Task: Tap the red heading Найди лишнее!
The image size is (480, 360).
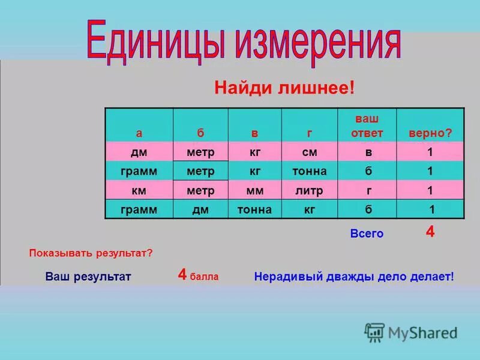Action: [x=285, y=88]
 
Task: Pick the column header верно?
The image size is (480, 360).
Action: [x=430, y=132]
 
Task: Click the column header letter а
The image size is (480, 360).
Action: [x=139, y=133]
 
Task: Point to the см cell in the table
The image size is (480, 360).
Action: [x=310, y=152]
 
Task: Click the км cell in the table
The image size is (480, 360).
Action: [x=139, y=190]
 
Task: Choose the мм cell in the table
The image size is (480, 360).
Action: [x=255, y=190]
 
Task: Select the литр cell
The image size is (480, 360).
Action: [x=310, y=190]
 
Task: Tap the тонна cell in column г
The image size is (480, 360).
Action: [x=310, y=172]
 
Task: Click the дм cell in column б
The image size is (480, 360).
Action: [x=200, y=209]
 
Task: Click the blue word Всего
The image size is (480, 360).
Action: [x=367, y=234]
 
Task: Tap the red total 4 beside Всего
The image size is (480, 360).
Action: [x=430, y=232]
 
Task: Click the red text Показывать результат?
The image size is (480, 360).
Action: [x=91, y=253]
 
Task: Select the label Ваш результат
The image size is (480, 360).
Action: [x=88, y=277]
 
